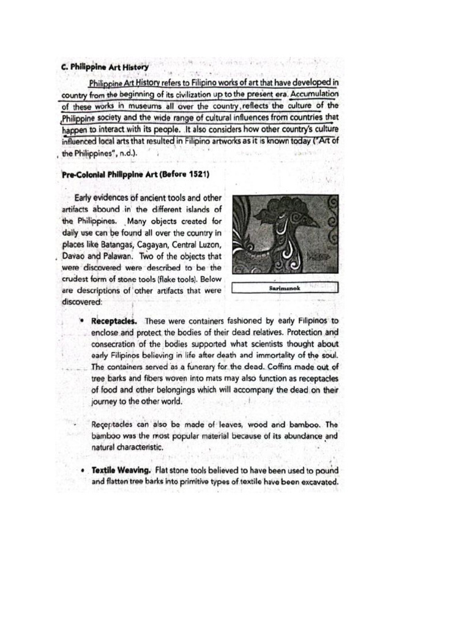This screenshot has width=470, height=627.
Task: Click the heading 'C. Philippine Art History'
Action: coord(104,66)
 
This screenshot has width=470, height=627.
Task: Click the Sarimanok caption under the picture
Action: coord(285,287)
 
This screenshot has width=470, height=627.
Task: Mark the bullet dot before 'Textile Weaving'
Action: coord(83,471)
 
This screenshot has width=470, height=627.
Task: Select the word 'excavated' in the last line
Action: coord(317,482)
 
